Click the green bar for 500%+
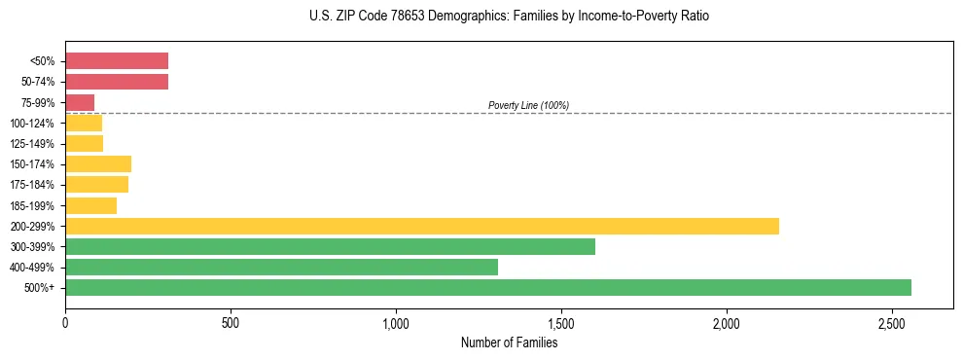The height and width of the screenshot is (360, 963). pos(488,287)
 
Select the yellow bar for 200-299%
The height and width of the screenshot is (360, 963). pos(422,226)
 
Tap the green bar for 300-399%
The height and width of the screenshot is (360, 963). pos(330,246)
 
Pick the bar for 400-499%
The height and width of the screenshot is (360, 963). pos(281,267)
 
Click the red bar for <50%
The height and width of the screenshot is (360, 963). pos(117,60)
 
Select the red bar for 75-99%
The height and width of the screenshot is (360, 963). pos(80,102)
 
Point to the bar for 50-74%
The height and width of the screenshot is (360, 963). pos(117,82)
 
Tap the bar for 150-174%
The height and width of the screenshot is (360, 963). pos(98,163)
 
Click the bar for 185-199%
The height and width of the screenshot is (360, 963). pos(90,205)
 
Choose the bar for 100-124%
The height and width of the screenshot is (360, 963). pos(84,123)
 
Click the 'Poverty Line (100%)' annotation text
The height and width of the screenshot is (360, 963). pos(528,105)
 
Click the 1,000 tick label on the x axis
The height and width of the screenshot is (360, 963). pos(396,322)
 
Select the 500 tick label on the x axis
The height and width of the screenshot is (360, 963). pos(231,322)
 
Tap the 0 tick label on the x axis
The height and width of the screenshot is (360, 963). pos(65,322)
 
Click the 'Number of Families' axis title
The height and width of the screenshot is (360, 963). pos(509,342)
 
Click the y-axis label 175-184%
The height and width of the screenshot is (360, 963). pos(33,185)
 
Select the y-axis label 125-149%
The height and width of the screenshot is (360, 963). pos(33,143)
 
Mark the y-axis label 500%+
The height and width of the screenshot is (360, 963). pos(40,288)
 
